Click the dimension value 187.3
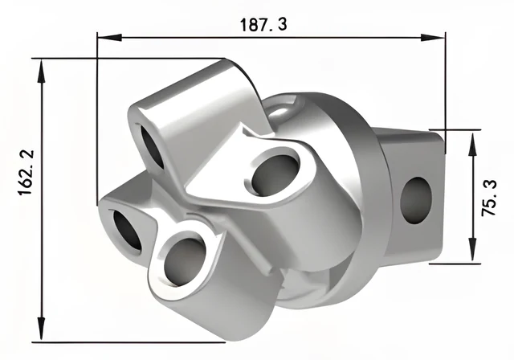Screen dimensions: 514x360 (263, 25)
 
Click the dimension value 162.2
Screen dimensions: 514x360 (26, 173)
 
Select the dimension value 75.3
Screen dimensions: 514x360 (489, 198)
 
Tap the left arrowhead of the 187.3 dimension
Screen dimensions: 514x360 (109, 37)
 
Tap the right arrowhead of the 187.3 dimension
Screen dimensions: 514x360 (433, 38)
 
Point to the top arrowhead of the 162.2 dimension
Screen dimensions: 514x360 (41, 71)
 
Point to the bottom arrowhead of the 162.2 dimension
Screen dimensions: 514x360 (41, 329)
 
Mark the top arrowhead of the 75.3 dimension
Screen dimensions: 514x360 (472, 144)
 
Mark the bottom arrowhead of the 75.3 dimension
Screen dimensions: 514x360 (472, 249)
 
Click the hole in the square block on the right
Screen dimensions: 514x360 (416, 201)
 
